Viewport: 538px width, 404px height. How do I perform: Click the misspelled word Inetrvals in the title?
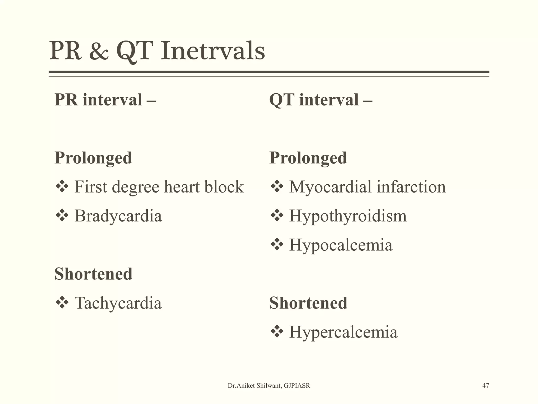click(x=213, y=50)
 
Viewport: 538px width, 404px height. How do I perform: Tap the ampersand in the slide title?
click(x=99, y=51)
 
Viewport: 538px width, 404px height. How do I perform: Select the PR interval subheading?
click(x=105, y=100)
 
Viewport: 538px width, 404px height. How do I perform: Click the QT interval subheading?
click(x=320, y=100)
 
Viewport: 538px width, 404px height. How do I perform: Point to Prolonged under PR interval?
click(x=93, y=158)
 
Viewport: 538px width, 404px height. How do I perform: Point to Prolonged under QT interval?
click(x=308, y=158)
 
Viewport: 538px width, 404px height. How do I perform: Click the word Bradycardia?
click(x=118, y=216)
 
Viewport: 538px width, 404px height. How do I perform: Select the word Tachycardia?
click(x=118, y=303)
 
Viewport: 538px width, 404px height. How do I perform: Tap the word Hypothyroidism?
click(x=348, y=216)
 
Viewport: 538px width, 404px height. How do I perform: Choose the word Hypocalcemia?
click(x=341, y=245)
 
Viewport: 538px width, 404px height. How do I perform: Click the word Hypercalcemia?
click(x=343, y=332)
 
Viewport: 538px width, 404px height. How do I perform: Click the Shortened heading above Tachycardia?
click(x=93, y=274)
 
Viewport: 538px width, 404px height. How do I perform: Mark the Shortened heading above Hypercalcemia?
click(x=308, y=303)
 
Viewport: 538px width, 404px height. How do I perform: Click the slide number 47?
click(x=485, y=386)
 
